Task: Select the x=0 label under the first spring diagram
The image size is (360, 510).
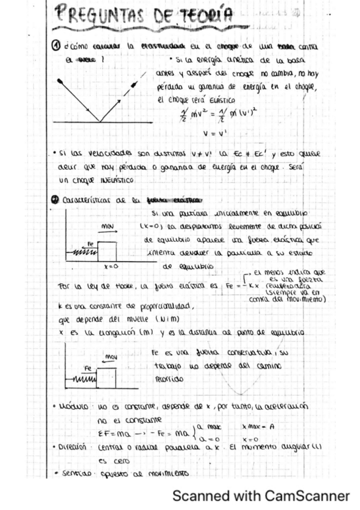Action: (110, 265)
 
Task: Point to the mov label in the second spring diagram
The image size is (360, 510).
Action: (111, 357)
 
